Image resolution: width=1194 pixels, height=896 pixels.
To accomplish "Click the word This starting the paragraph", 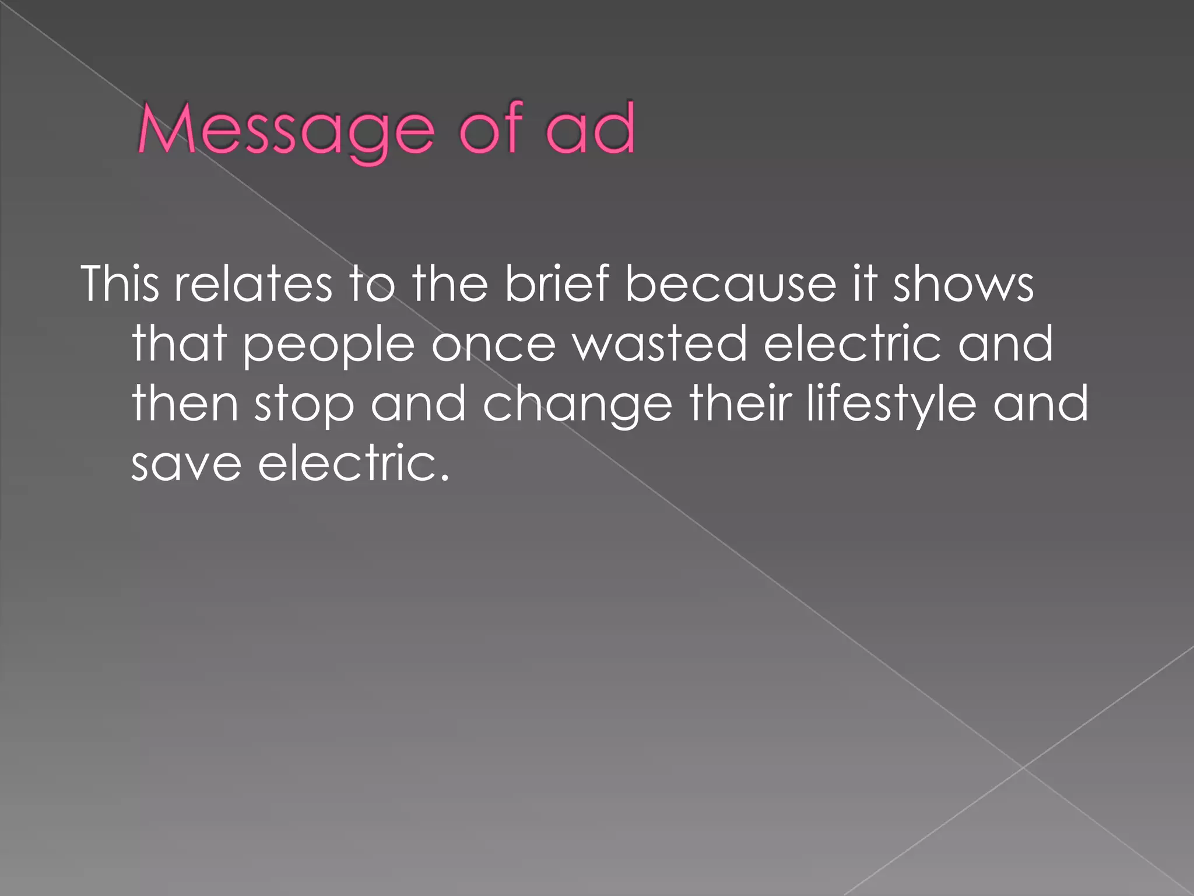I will coord(120,284).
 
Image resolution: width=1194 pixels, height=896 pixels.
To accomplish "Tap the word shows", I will coord(963,284).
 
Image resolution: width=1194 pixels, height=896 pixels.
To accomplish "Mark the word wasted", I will coord(659,344).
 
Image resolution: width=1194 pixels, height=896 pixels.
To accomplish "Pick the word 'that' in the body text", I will coord(179,344).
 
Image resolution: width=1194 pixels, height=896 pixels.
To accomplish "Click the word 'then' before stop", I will coord(185,404).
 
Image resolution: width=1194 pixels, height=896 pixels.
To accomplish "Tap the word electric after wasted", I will coord(852,344).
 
